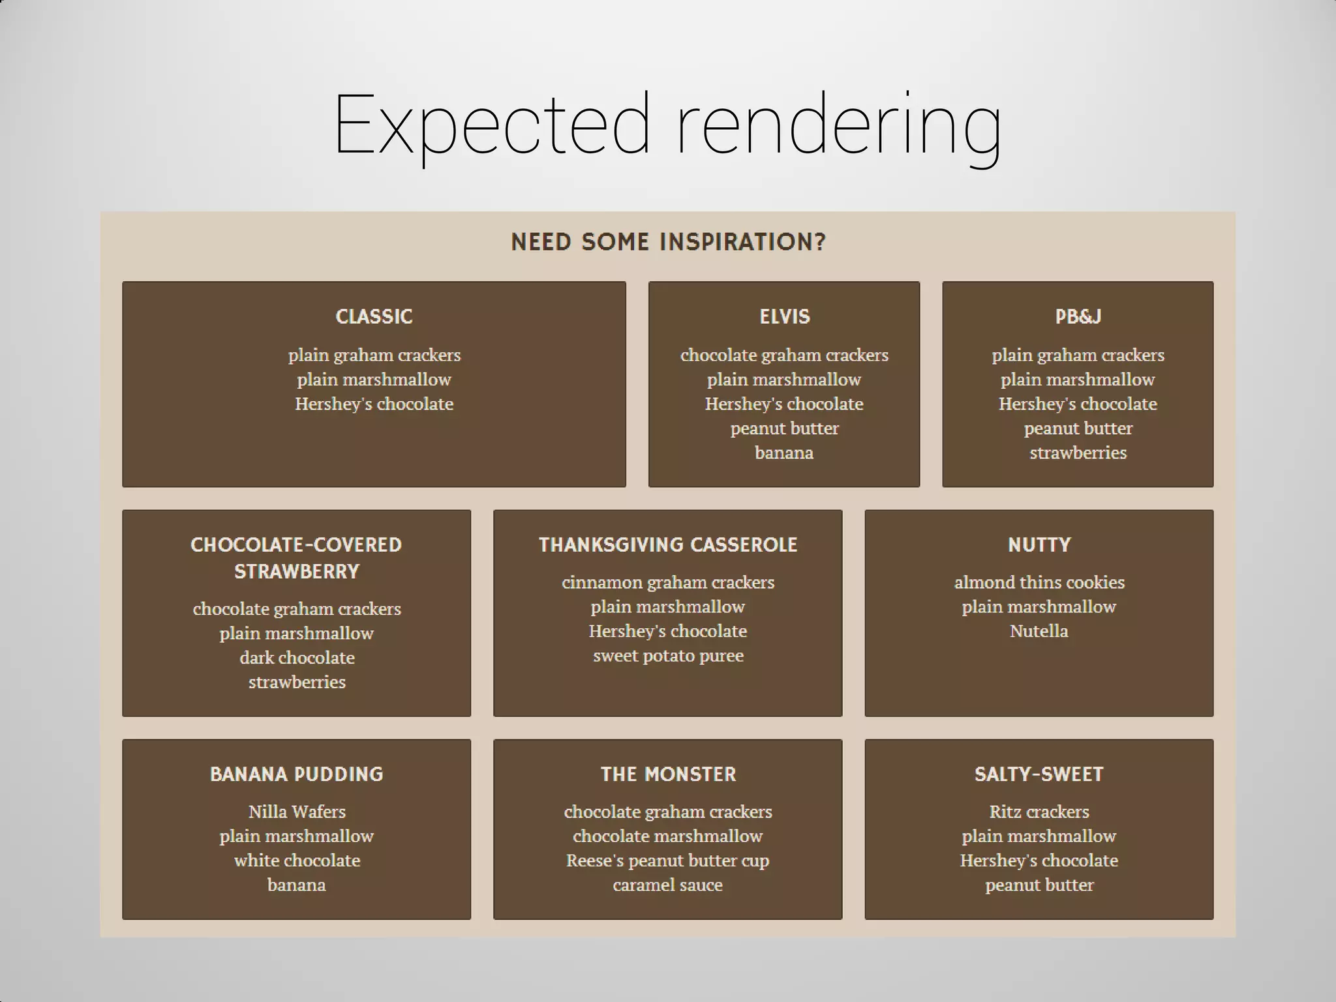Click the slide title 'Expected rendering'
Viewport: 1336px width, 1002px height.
667,125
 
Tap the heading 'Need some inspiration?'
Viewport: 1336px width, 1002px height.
668,242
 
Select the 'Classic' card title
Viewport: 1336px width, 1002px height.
374,317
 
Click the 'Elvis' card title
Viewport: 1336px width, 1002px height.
784,317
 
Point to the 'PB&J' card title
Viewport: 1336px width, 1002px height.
1078,317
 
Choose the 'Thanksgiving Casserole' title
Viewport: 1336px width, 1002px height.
668,545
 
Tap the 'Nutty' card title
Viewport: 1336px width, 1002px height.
1039,545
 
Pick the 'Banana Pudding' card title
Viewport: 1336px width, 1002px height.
296,774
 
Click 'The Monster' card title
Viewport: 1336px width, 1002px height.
668,774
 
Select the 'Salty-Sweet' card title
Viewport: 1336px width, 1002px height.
1039,774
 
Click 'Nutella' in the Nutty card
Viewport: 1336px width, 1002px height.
1039,631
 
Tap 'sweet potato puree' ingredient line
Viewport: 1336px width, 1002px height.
668,656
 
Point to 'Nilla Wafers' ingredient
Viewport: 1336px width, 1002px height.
296,812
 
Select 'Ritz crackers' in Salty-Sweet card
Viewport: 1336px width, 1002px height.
1039,812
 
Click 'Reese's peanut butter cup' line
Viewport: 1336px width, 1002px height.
668,861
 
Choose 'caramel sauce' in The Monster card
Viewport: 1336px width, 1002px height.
668,885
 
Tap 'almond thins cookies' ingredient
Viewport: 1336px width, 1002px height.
1039,583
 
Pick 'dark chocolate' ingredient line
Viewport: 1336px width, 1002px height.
296,658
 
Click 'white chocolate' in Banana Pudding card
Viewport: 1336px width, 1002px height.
296,861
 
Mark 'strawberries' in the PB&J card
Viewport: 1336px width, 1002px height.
1078,453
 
